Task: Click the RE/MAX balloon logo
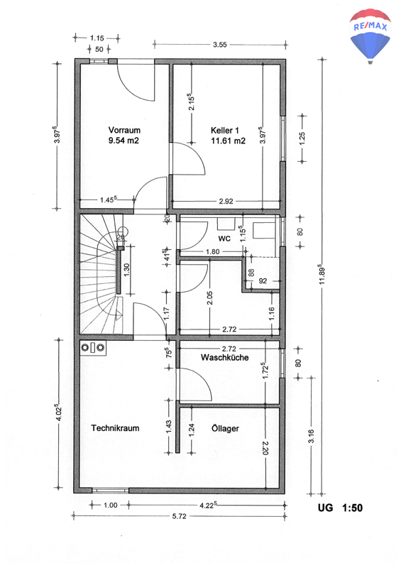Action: click(370, 36)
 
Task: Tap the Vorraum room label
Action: click(124, 130)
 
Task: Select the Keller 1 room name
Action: click(224, 131)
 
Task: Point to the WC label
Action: click(224, 239)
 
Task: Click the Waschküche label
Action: click(224, 358)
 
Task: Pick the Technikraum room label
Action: click(115, 428)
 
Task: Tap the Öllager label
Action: click(225, 429)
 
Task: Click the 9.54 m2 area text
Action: click(123, 141)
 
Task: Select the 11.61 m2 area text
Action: click(229, 141)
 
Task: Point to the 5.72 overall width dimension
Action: click(180, 516)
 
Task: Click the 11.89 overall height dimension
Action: click(322, 275)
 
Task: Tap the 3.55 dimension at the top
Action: click(219, 45)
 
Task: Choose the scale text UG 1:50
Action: click(340, 508)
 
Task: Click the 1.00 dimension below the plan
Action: click(111, 505)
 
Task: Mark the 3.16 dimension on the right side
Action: click(311, 436)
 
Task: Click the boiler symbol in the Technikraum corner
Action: click(93, 348)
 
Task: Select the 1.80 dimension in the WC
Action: click(213, 251)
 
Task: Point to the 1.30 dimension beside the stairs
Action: click(126, 270)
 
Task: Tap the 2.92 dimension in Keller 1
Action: click(226, 202)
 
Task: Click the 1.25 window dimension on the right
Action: click(302, 138)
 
